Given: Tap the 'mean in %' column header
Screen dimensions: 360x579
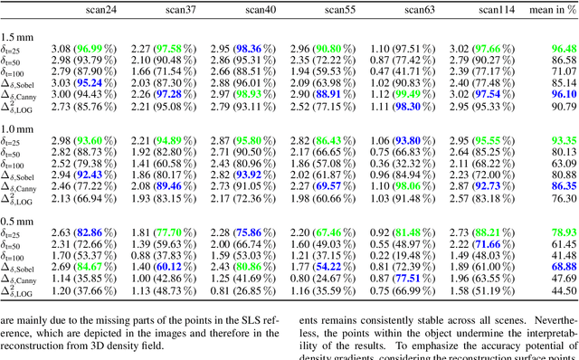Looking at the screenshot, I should click(x=550, y=12).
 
